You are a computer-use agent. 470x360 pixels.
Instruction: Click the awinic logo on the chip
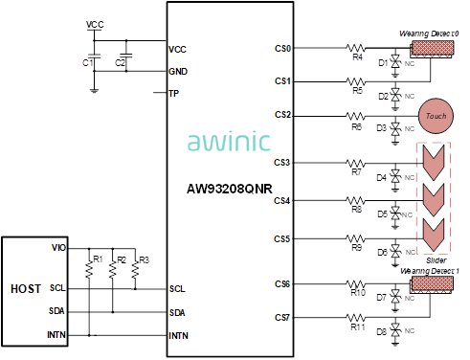click(x=230, y=144)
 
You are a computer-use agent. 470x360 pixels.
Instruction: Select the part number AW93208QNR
click(x=230, y=188)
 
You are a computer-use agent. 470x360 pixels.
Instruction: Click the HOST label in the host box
click(x=25, y=288)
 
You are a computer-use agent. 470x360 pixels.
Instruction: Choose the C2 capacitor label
click(x=120, y=62)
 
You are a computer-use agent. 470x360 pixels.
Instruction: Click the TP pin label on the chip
click(x=173, y=94)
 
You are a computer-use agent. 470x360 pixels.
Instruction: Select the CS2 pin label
click(x=282, y=114)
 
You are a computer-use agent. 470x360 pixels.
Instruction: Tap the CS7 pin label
click(x=282, y=317)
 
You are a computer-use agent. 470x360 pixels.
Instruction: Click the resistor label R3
click(x=144, y=259)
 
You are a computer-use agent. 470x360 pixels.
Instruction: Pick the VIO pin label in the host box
click(x=58, y=247)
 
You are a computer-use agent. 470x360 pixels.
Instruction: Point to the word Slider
click(x=436, y=259)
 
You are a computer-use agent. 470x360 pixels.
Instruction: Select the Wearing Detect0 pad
click(x=429, y=46)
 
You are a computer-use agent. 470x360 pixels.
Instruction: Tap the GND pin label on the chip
click(x=178, y=71)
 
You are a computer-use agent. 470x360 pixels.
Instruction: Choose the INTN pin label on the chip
click(x=179, y=335)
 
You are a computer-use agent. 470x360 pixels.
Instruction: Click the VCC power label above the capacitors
click(x=96, y=24)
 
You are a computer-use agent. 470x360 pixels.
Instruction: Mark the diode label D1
click(x=382, y=63)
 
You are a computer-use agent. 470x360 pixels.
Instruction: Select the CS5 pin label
click(x=282, y=238)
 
